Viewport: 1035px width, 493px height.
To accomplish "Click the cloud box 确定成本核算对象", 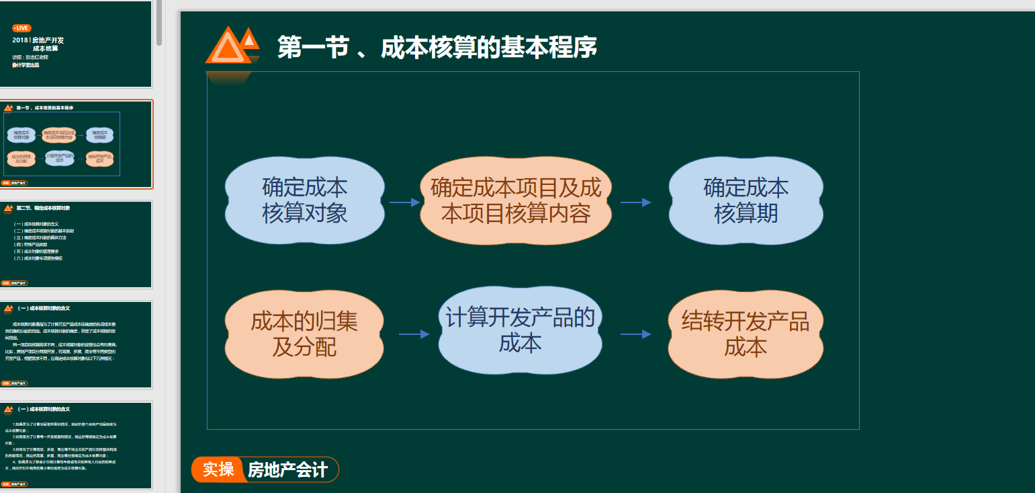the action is click(x=304, y=200).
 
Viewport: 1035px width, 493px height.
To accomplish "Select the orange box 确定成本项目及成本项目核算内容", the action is click(x=516, y=200).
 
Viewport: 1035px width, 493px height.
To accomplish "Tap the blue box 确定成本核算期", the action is click(x=746, y=200).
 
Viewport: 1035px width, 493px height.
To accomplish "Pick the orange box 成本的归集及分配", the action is click(x=304, y=334).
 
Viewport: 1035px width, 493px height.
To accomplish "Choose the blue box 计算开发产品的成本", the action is click(x=520, y=330).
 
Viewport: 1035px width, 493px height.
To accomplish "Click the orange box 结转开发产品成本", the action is click(x=746, y=334).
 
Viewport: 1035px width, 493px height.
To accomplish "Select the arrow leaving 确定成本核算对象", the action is click(x=404, y=202).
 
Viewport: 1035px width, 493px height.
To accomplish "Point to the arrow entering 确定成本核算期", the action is click(x=635, y=202).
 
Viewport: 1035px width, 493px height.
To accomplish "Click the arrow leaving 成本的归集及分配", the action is click(x=414, y=334).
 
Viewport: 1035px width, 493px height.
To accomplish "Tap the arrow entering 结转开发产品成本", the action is click(x=635, y=334).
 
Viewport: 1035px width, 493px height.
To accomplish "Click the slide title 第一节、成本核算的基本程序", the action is click(x=437, y=48).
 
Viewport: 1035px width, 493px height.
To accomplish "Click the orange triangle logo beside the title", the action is click(x=231, y=46).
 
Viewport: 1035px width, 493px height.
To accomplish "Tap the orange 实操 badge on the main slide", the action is click(x=218, y=469).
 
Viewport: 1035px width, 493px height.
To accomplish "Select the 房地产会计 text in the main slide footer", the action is click(x=287, y=469).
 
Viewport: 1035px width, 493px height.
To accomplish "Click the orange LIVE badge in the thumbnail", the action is click(x=21, y=28).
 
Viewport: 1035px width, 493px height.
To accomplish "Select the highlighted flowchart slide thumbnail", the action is click(x=76, y=145).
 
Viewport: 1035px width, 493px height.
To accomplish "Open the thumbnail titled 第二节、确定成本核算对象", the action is click(x=76, y=244).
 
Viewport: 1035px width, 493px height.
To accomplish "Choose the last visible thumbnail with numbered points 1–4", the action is click(x=76, y=445).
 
